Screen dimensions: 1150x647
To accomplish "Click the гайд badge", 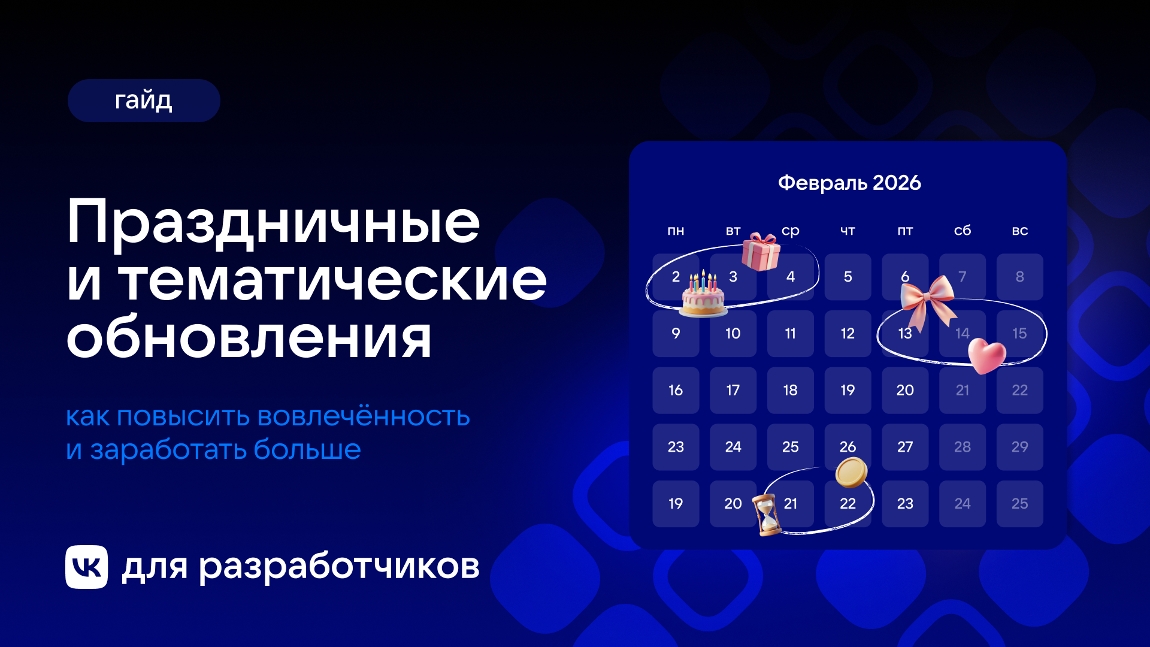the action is coord(144,101).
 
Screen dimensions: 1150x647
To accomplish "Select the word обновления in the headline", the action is coord(249,338).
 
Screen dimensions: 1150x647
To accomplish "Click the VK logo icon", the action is coord(87,567).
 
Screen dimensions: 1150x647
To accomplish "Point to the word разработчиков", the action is coord(339,567).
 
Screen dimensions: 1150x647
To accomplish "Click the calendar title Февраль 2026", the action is coord(849,183).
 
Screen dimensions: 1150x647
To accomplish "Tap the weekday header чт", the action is coord(848,231).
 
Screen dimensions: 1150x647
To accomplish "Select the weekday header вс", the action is coord(1020,231).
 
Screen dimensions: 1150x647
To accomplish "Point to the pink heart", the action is coord(986,356).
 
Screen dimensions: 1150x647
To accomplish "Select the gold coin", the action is coord(851,472).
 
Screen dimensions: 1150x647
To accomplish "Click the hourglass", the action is coord(767,515).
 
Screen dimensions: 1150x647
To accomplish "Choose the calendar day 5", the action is coord(848,277).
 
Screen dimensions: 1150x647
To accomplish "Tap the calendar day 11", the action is coord(790,334).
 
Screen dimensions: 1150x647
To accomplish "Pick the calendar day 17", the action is coord(733,391).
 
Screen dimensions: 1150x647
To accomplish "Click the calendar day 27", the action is coord(905,447).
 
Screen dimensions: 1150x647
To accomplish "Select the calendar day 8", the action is coord(1019,277).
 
